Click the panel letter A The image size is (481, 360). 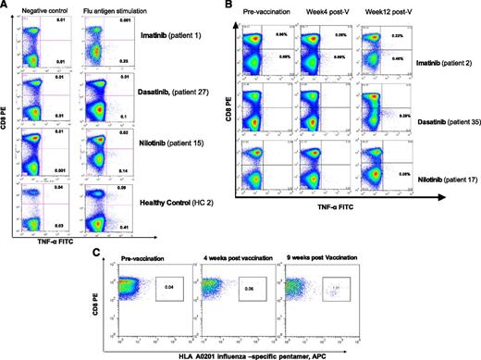6,6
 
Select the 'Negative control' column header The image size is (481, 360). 46,9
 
